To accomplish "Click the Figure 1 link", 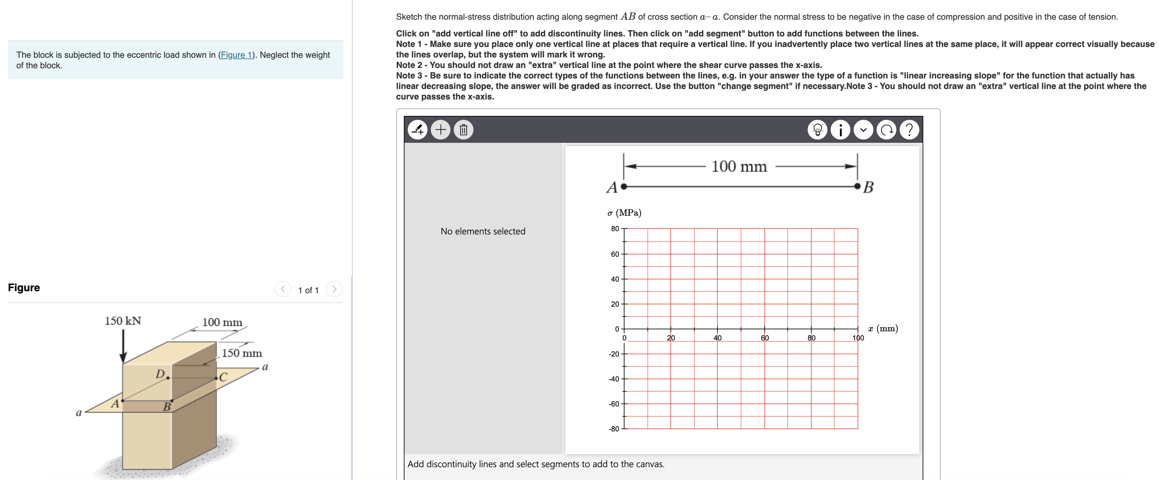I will coord(236,55).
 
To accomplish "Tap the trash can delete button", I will coord(463,130).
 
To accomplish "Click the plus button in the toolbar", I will coord(441,130).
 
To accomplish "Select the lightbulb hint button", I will coord(818,130).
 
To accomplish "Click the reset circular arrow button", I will coord(886,130).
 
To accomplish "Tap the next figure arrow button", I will coord(334,289).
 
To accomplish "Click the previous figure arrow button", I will coord(283,289).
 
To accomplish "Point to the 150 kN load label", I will coord(123,321).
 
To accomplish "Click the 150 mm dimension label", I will coord(242,353).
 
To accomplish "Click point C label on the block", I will coord(223,377).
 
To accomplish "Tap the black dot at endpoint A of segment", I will coord(623,186).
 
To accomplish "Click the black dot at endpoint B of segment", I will coord(858,186).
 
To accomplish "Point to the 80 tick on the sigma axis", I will coord(615,229).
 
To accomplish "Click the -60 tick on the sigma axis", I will coord(614,404).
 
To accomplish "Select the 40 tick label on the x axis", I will coord(718,338).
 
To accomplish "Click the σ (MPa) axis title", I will coord(624,213).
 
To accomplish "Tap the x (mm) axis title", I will coord(883,328).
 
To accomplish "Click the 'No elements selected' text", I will coord(483,231).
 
